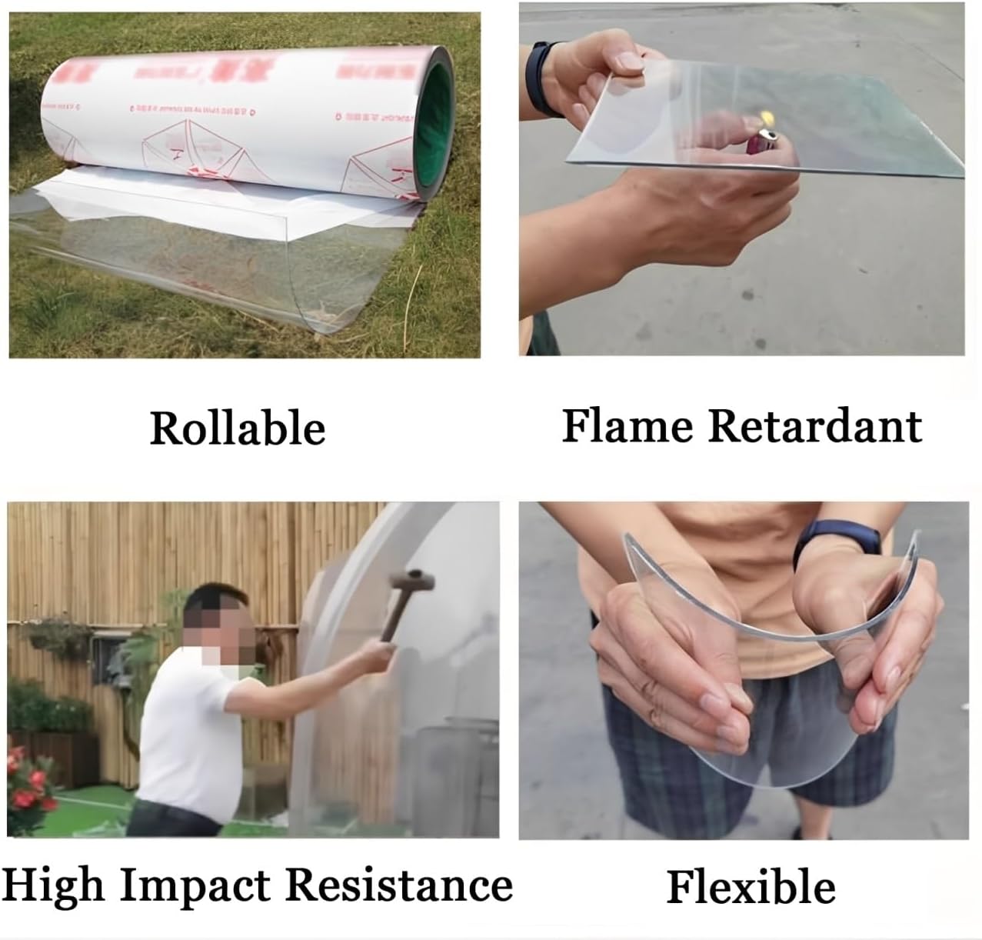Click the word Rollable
click(x=237, y=428)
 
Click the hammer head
click(x=410, y=579)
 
